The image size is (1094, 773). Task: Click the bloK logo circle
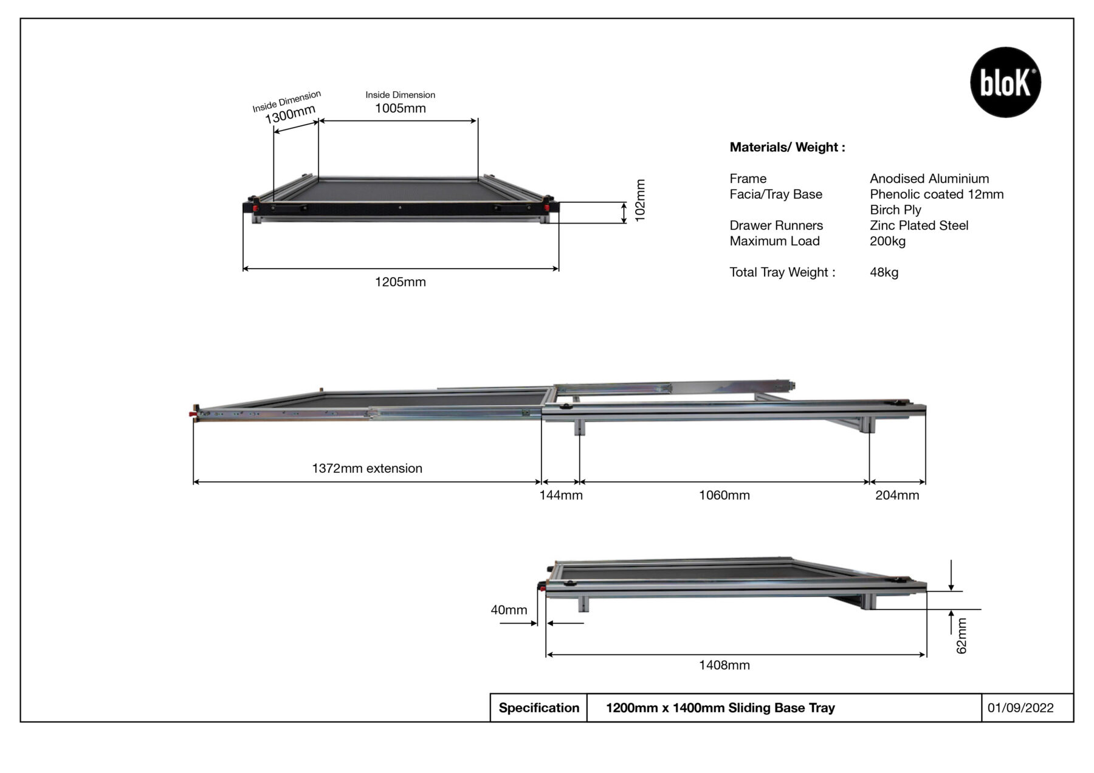[1005, 82]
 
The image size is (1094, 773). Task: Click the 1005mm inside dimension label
[400, 108]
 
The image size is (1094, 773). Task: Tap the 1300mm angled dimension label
[290, 114]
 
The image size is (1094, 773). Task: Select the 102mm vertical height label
[640, 201]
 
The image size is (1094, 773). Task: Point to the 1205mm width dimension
[400, 282]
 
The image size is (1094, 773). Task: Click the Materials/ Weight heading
[787, 147]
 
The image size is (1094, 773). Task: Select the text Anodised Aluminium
[929, 179]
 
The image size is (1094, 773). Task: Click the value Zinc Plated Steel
[918, 225]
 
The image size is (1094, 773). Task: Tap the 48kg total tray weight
[884, 272]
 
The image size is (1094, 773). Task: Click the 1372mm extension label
[366, 469]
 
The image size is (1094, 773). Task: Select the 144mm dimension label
[560, 495]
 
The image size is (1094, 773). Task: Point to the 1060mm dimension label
[724, 495]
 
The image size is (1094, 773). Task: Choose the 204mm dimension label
[896, 495]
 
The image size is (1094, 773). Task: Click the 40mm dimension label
[509, 610]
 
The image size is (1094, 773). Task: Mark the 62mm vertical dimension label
[961, 636]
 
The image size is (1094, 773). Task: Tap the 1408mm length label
[724, 665]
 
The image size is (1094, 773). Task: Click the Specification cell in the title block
[538, 708]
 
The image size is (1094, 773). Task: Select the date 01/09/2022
[1020, 708]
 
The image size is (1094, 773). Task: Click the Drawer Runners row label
[776, 225]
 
